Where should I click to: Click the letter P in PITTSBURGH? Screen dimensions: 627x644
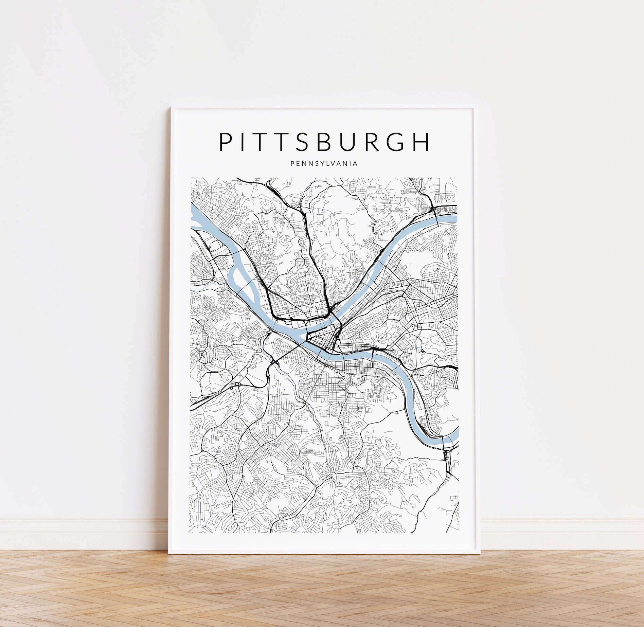[225, 142]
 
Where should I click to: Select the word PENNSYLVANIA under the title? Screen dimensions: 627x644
[324, 164]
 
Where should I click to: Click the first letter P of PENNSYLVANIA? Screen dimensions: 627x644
[292, 164]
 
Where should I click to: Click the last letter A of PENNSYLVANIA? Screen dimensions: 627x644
[355, 164]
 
